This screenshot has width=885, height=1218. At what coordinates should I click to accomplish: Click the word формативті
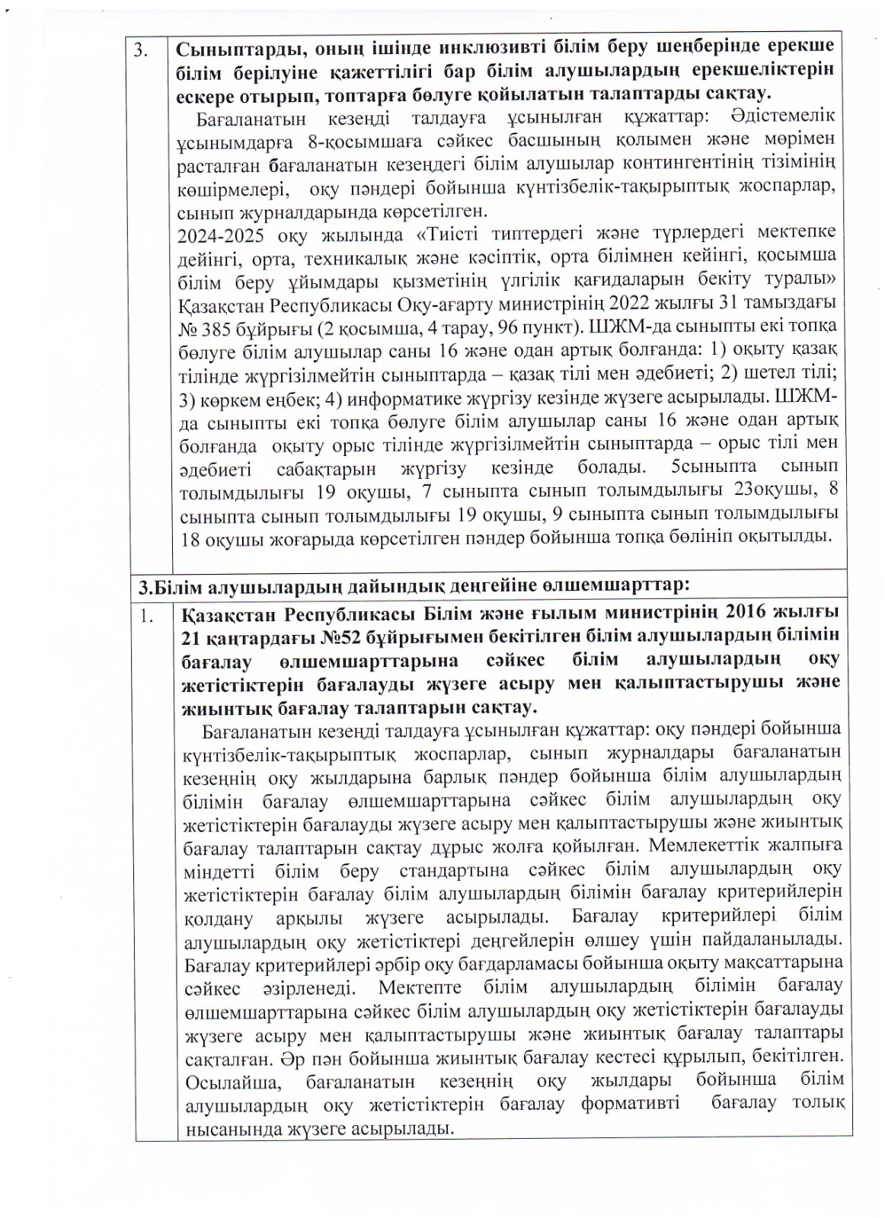(631, 1104)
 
